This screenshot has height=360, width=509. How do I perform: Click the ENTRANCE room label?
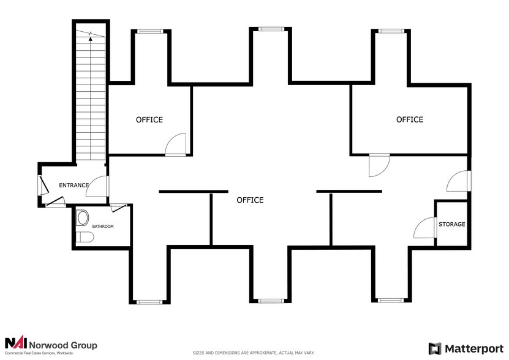(74, 185)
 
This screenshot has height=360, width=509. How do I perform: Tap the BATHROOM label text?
(103, 227)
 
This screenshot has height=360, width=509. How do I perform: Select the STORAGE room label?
(451, 224)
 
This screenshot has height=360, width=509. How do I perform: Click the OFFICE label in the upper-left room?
(149, 119)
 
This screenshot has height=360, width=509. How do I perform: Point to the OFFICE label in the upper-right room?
(410, 119)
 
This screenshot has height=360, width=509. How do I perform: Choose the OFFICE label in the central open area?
(250, 200)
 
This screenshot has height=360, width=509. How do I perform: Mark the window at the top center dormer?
(270, 29)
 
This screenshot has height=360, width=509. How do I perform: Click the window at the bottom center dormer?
(270, 301)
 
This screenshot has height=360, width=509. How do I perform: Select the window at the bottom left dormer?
(149, 302)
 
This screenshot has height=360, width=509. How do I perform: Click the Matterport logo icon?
(434, 348)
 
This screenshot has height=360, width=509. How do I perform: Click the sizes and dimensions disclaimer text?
(254, 353)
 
